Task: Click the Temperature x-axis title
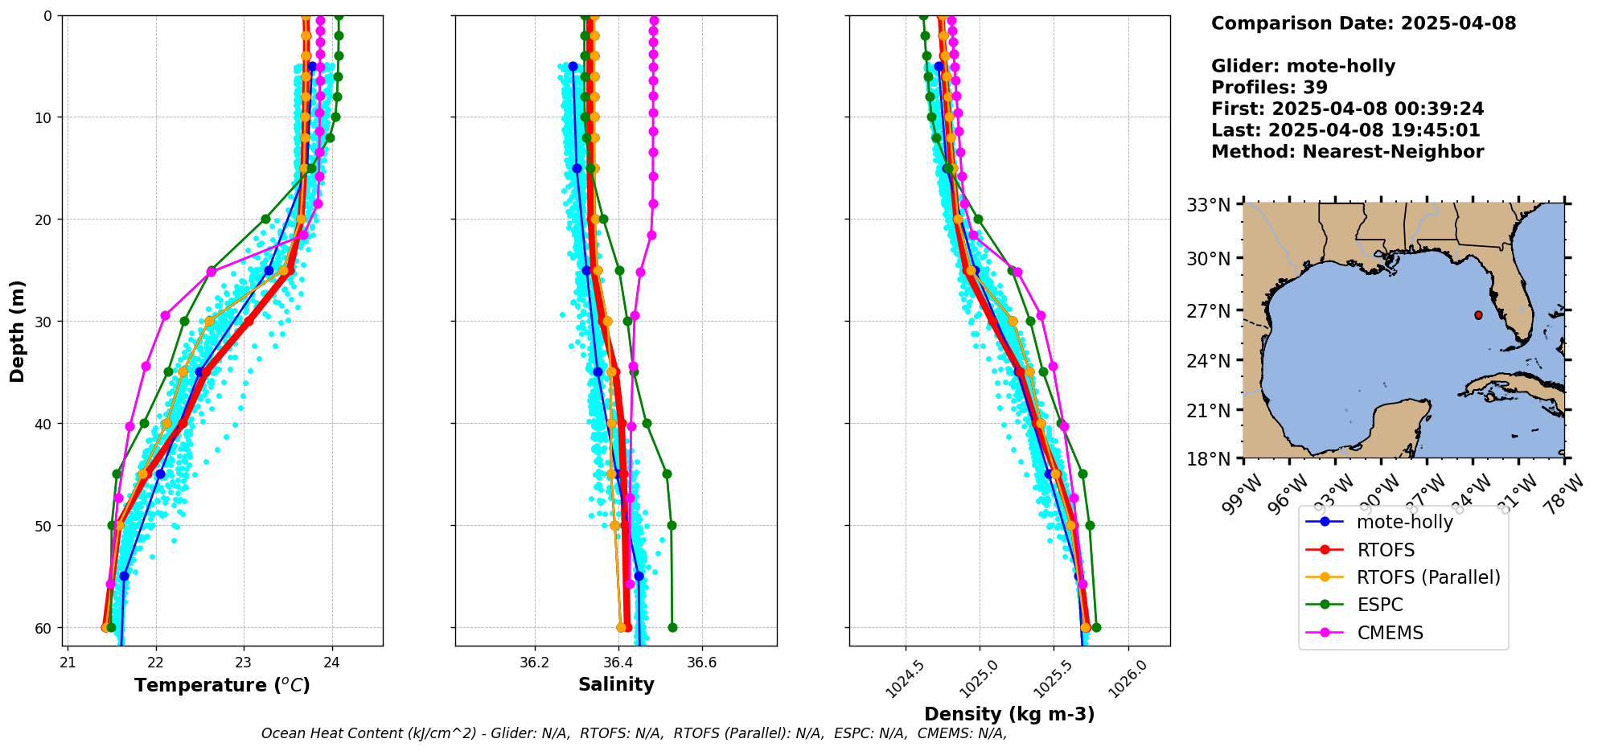(222, 685)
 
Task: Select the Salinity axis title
(616, 684)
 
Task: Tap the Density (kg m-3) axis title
(1009, 714)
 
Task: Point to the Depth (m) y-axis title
(18, 330)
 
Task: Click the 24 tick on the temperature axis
(331, 663)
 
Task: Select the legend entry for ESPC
(1379, 605)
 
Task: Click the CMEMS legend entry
(1390, 633)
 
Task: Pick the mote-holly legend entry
(1404, 522)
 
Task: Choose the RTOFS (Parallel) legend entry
(1428, 577)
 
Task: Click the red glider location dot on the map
(1478, 315)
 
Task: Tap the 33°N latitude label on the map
(1209, 206)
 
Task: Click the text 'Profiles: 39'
(1269, 88)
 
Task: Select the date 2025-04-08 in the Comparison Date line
(1458, 23)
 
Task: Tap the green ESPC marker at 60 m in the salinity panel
(672, 627)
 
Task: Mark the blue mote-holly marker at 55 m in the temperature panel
(124, 576)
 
